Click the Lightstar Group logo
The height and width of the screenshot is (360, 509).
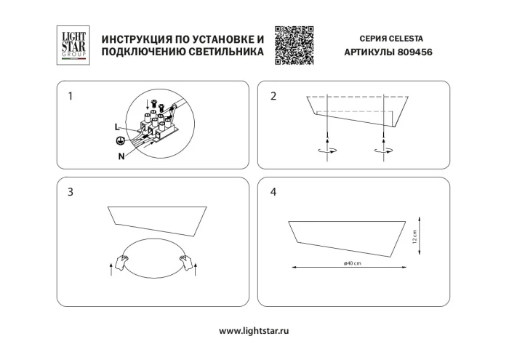coord(71,43)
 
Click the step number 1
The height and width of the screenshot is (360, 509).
coord(69,96)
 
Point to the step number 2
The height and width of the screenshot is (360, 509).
coord(273,96)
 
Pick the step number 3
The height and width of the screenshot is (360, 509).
coord(69,193)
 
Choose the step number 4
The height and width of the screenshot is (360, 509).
coord(273,193)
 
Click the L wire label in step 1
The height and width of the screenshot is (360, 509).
coord(116,127)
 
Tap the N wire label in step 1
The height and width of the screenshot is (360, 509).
coord(121,156)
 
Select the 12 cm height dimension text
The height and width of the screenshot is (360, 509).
coord(414,236)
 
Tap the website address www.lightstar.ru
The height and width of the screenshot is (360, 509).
coord(254,330)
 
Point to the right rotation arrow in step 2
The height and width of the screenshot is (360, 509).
coord(381,151)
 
